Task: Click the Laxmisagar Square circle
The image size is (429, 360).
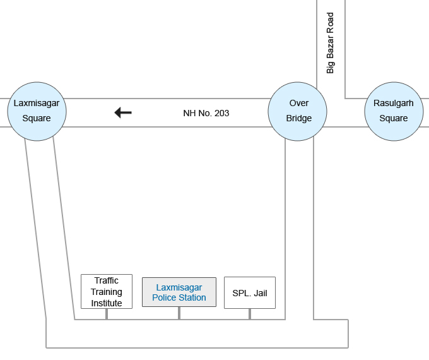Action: click(37, 111)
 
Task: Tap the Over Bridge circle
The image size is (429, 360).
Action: click(298, 111)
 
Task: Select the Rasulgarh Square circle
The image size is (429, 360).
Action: click(394, 111)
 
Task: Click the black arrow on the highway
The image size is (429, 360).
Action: click(123, 112)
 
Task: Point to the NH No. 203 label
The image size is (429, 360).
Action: click(206, 114)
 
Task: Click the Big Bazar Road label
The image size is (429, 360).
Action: click(330, 44)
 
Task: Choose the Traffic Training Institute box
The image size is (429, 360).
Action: click(107, 291)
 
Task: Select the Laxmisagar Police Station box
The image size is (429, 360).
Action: click(179, 292)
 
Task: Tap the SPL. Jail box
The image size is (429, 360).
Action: click(250, 293)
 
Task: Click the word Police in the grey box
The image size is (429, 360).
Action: click(165, 297)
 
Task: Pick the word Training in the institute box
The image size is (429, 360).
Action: click(107, 292)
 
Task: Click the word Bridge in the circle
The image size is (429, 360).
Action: click(299, 118)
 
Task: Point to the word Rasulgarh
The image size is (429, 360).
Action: click(394, 103)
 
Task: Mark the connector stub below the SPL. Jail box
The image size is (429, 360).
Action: click(250, 314)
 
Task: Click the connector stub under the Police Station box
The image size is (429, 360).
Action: click(179, 313)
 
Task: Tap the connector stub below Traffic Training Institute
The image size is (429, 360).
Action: click(107, 314)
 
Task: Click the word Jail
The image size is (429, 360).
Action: click(261, 293)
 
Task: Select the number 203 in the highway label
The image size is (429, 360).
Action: click(221, 114)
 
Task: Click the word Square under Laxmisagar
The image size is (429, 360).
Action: click(37, 118)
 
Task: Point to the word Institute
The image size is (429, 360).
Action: click(107, 303)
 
